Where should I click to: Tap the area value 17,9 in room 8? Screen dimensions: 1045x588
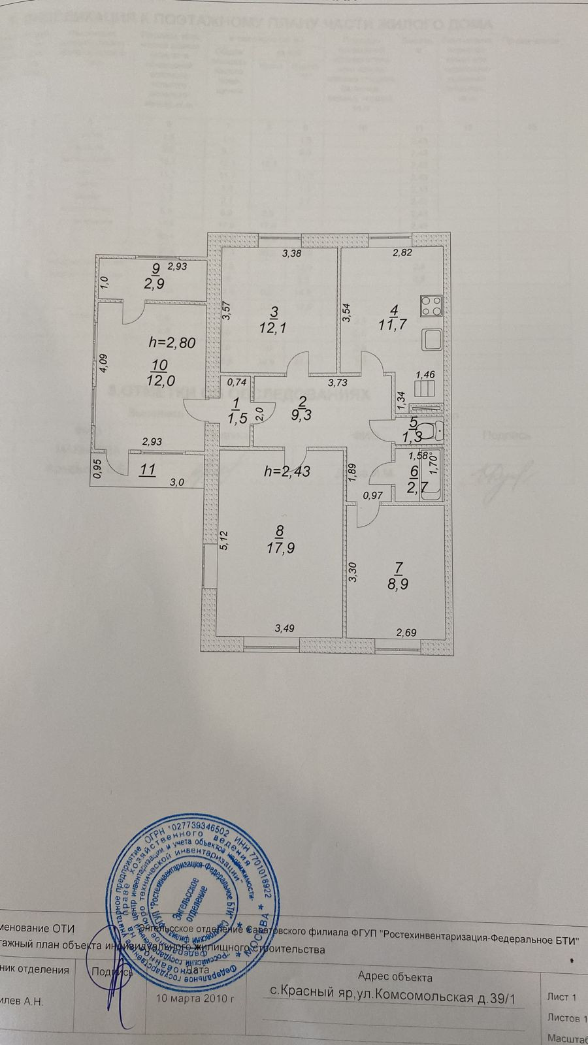pos(280,547)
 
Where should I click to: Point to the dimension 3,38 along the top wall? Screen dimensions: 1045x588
pos(291,254)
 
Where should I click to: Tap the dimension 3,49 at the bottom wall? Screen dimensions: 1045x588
pos(284,629)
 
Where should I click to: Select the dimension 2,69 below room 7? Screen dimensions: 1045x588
pos(406,632)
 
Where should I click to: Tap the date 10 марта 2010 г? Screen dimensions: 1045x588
pos(195,999)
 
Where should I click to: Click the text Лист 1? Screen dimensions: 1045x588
pos(561,997)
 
